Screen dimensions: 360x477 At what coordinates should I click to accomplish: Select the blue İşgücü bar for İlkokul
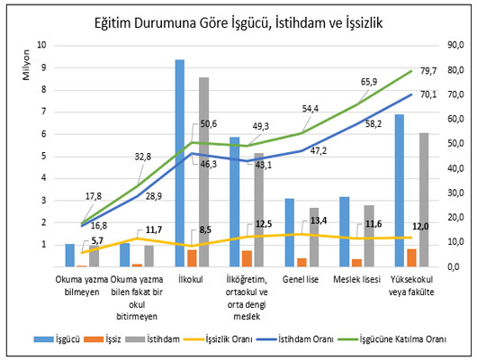(180, 162)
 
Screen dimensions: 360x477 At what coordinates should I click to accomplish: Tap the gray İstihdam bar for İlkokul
(204, 171)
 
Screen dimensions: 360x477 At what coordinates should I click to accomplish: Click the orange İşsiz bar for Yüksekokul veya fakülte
(411, 257)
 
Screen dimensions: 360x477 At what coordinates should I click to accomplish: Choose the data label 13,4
(317, 220)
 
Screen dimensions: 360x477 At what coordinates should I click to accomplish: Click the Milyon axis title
(23, 67)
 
